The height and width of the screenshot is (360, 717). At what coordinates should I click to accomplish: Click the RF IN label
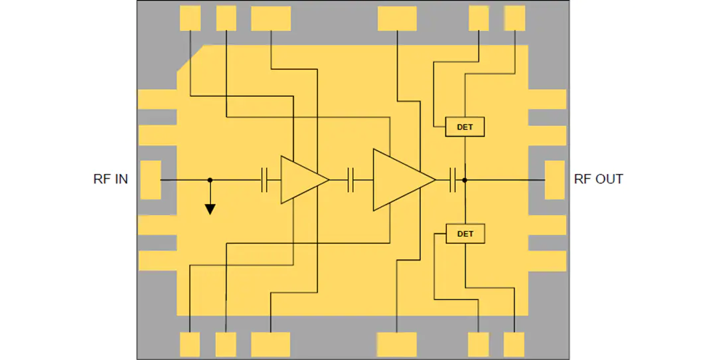pyautogui.click(x=111, y=179)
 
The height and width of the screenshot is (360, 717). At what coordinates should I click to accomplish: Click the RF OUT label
pyautogui.click(x=598, y=179)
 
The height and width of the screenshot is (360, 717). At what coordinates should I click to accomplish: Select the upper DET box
pyautogui.click(x=465, y=127)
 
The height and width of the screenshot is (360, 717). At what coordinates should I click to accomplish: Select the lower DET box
pyautogui.click(x=465, y=234)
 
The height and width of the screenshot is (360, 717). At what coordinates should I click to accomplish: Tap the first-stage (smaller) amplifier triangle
pyautogui.click(x=302, y=180)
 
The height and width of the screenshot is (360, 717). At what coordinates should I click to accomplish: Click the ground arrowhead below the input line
pyautogui.click(x=210, y=209)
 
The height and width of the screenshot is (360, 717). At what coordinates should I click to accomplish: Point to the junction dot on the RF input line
pyautogui.click(x=210, y=180)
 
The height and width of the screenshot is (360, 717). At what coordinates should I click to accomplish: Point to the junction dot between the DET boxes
pyautogui.click(x=465, y=180)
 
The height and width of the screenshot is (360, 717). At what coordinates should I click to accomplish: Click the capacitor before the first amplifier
pyautogui.click(x=264, y=180)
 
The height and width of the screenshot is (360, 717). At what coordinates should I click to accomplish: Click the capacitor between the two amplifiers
pyautogui.click(x=351, y=180)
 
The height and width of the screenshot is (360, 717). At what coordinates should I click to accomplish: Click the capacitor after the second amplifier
pyautogui.click(x=453, y=180)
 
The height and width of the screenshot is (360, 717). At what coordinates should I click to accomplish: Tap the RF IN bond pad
pyautogui.click(x=151, y=180)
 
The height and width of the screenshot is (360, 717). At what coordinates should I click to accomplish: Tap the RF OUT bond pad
pyautogui.click(x=554, y=180)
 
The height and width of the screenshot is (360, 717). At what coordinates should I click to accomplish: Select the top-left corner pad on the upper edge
pyautogui.click(x=191, y=19)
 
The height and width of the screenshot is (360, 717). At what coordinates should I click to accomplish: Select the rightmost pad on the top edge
pyautogui.click(x=515, y=19)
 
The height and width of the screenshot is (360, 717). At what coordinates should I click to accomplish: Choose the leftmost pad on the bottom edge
pyautogui.click(x=190, y=345)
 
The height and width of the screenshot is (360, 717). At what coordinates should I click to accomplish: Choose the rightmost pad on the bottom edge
pyautogui.click(x=514, y=345)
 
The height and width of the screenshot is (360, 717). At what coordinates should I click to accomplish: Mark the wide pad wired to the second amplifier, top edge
pyautogui.click(x=397, y=19)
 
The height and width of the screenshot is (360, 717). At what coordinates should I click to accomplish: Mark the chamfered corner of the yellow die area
pyautogui.click(x=191, y=58)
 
